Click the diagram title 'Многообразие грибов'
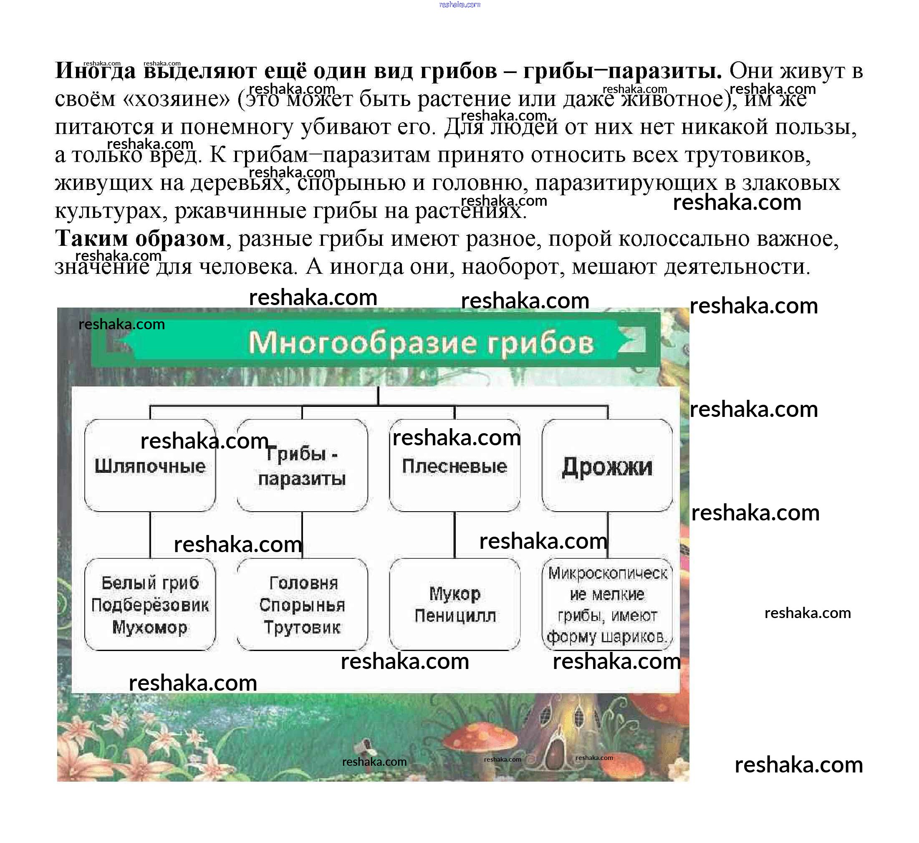[x=421, y=343]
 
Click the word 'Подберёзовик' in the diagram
[x=150, y=606]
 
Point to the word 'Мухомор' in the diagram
[x=150, y=628]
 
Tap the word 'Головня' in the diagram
[x=303, y=583]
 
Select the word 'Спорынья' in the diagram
[x=302, y=606]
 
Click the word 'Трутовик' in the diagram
[x=302, y=628]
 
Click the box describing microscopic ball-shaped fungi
[x=607, y=604]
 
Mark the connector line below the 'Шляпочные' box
[x=150, y=535]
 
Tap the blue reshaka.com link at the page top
[x=459, y=5]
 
